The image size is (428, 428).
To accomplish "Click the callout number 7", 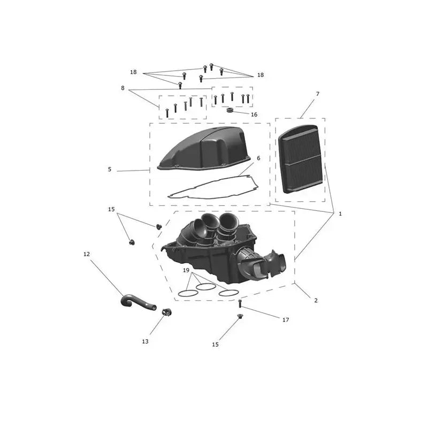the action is pyautogui.click(x=317, y=94).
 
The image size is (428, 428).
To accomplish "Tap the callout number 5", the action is pyautogui.click(x=110, y=169).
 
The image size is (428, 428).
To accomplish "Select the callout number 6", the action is pyautogui.click(x=258, y=158).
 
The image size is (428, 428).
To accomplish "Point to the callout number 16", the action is pyautogui.click(x=254, y=114).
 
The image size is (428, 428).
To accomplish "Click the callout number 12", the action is pyautogui.click(x=87, y=254).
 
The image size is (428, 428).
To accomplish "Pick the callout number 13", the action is pyautogui.click(x=145, y=341).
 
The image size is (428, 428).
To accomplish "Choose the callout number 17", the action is pyautogui.click(x=286, y=320).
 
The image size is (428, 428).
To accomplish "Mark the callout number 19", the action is pyautogui.click(x=186, y=270).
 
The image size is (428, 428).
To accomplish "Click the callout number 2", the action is pyautogui.click(x=316, y=301).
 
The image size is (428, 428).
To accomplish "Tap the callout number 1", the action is pyautogui.click(x=340, y=214).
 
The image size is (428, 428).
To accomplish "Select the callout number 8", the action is pyautogui.click(x=123, y=88).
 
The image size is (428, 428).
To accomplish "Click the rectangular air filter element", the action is pyautogui.click(x=300, y=159).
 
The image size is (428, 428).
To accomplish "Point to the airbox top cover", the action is pyautogui.click(x=203, y=150).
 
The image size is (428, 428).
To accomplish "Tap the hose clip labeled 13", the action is pyautogui.click(x=166, y=312).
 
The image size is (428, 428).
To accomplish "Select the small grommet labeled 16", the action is pyautogui.click(x=230, y=110).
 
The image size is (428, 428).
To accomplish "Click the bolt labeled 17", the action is pyautogui.click(x=240, y=303).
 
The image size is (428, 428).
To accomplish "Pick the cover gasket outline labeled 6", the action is pyautogui.click(x=213, y=187).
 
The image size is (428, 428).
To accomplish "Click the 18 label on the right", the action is pyautogui.click(x=261, y=75).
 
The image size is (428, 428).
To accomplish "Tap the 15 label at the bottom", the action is pyautogui.click(x=215, y=345).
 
